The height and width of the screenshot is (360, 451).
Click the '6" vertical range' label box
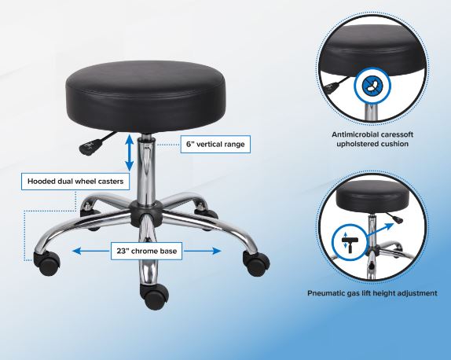[215, 144]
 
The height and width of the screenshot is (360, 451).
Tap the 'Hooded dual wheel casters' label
[75, 182]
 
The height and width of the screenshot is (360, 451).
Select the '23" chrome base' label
[146, 251]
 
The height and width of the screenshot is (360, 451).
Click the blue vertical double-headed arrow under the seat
[129, 153]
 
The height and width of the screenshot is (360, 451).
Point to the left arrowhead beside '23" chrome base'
[76, 252]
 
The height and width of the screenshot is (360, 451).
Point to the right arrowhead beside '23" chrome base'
[217, 252]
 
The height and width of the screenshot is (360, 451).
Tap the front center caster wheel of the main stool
[154, 296]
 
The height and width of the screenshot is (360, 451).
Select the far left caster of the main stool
[47, 263]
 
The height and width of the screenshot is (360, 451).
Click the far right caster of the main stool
[256, 263]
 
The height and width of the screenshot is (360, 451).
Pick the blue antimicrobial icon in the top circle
[372, 86]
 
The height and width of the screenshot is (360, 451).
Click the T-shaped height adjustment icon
[350, 243]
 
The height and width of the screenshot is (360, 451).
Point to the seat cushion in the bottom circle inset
[372, 197]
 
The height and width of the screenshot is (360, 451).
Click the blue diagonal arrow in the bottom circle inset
[379, 230]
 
